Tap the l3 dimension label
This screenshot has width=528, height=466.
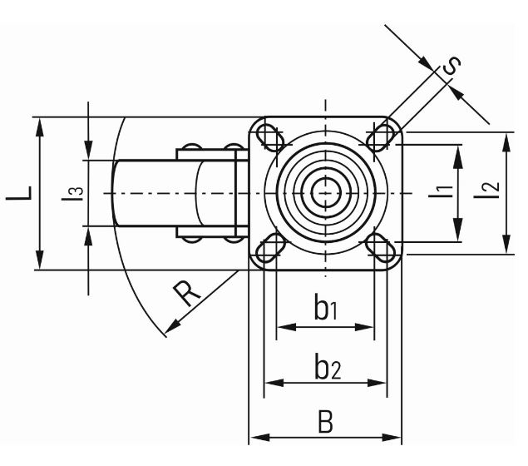(x=76, y=193)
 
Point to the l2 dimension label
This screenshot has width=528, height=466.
(x=491, y=191)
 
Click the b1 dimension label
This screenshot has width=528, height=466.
(x=325, y=310)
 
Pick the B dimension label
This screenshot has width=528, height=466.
(x=325, y=422)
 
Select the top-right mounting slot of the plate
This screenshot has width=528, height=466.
(x=382, y=136)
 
